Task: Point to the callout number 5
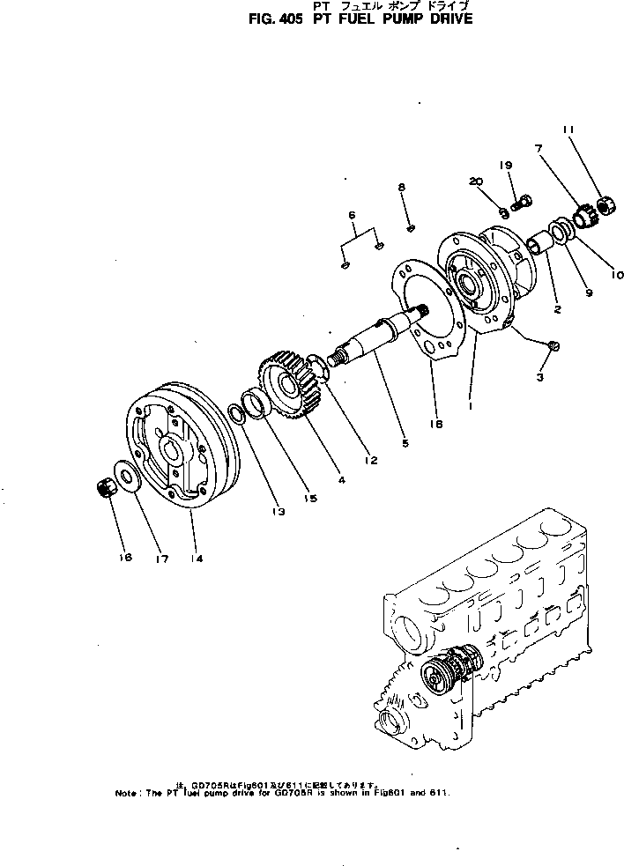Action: click(405, 443)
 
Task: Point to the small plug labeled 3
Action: click(553, 345)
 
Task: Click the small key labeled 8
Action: click(411, 229)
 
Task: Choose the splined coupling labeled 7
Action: click(582, 214)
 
